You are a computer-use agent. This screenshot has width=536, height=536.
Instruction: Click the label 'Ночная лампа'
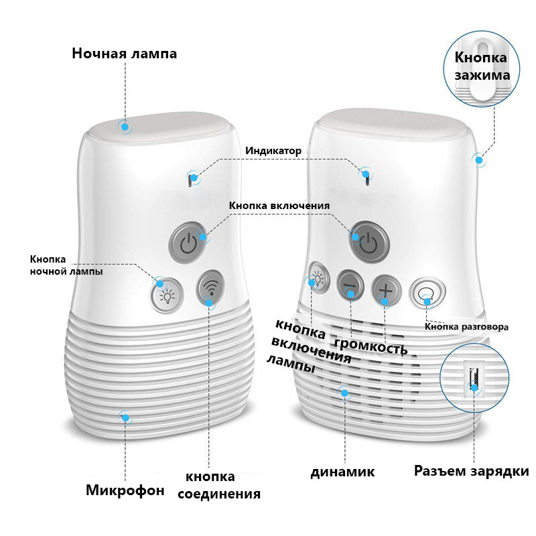125,54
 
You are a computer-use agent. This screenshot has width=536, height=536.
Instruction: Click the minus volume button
350,287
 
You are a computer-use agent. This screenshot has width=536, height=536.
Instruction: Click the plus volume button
386,289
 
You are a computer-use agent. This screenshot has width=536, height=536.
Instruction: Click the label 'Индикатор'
273,151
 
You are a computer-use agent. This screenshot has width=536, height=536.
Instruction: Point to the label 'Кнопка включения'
279,206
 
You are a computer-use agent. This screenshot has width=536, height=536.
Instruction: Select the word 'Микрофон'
125,490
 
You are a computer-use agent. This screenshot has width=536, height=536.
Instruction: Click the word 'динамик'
342,472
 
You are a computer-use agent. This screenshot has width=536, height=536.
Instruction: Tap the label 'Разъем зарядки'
471,471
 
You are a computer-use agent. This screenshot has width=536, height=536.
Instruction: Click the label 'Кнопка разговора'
467,327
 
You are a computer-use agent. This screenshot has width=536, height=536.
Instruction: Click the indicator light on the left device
190,179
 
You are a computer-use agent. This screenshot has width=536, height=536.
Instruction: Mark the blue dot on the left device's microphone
125,417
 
